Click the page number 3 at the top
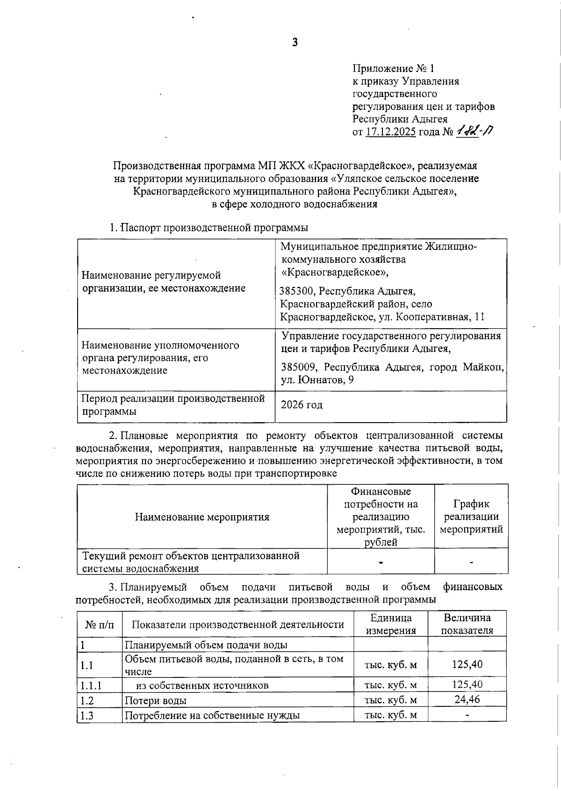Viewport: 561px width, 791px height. click(295, 43)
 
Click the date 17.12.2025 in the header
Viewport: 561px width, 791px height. click(390, 132)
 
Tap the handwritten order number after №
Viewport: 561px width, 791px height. click(475, 131)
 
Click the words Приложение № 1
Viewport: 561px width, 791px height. click(393, 69)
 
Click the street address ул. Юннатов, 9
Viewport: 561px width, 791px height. click(317, 380)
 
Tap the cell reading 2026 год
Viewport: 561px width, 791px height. click(302, 405)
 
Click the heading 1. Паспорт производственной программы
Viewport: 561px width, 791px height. click(209, 228)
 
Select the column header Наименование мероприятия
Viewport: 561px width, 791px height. click(202, 517)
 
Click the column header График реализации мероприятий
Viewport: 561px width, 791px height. click(471, 517)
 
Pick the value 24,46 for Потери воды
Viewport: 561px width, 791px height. click(467, 699)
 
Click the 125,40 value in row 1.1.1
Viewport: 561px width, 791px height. click(467, 684)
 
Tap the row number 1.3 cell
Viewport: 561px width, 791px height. click(87, 715)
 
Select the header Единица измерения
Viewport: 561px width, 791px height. click(391, 624)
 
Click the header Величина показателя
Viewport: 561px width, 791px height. click(467, 624)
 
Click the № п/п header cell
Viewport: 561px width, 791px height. click(99, 625)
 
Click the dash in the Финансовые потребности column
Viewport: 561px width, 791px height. click(381, 562)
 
